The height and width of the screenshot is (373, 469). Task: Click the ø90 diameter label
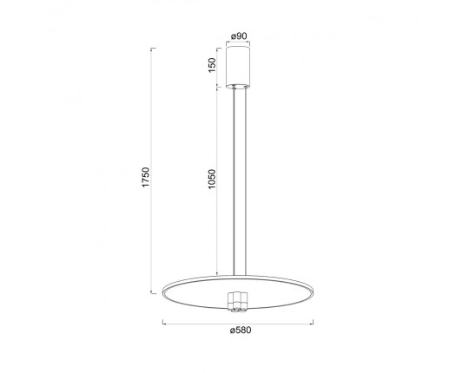coord(239,36)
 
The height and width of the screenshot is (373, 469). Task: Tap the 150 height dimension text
coord(212,65)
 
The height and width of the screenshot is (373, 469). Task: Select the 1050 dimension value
coord(212,180)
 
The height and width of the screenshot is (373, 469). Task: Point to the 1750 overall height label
coord(146,177)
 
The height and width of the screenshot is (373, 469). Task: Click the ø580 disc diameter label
coord(241,330)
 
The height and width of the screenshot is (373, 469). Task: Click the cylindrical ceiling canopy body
coord(238,67)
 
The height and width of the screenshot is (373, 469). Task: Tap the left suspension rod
coord(234,181)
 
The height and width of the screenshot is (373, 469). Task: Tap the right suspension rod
coord(246,181)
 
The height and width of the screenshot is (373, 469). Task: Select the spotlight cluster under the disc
coord(237,302)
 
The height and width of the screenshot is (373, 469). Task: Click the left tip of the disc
coord(162,291)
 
